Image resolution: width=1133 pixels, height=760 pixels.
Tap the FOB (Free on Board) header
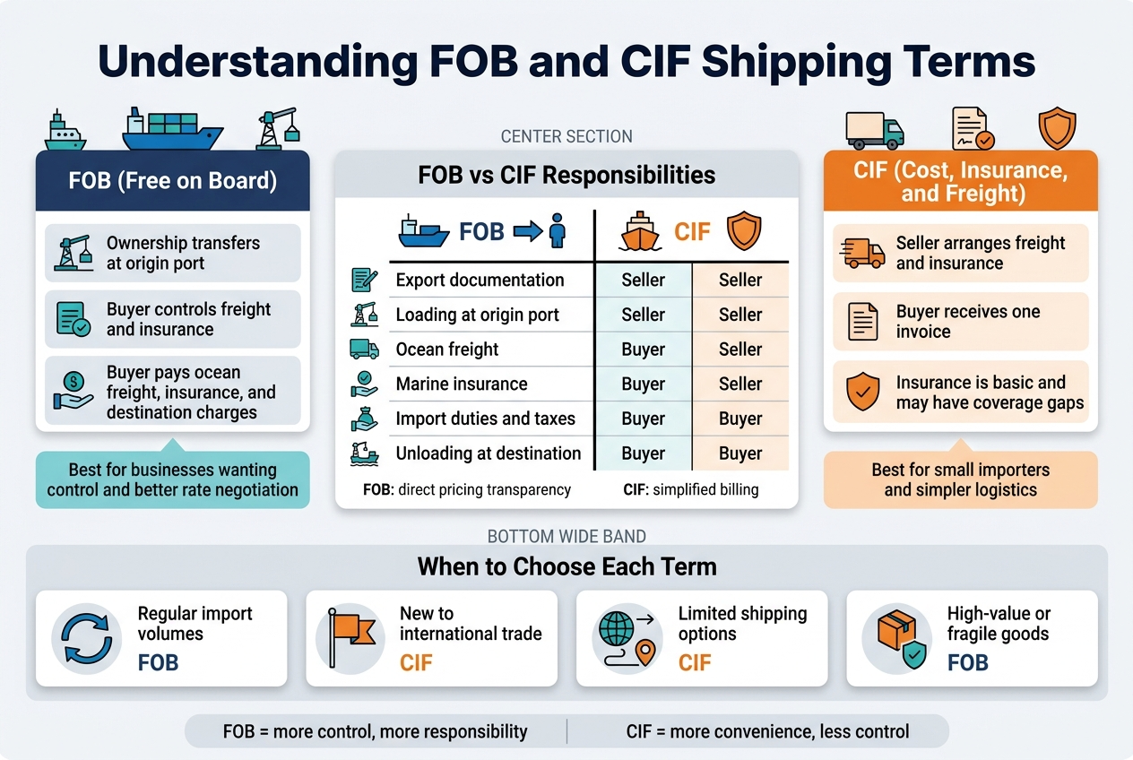pos(173,180)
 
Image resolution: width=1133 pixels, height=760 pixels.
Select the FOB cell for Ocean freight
pos(643,350)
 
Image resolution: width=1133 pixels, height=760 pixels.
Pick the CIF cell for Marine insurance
pos(739,384)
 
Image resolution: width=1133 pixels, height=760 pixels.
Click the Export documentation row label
pos(480,281)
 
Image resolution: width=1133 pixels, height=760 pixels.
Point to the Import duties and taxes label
pos(485,419)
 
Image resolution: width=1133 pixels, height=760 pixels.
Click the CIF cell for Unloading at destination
pos(739,453)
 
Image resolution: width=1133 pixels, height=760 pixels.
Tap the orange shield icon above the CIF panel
pos(1056,128)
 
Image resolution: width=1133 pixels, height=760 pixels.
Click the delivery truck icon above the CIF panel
pos(875,130)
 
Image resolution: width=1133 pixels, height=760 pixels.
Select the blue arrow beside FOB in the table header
pos(527,232)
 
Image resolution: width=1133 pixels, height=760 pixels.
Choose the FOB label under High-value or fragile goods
pos(967,663)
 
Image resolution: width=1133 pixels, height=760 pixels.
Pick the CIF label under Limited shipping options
pos(694,663)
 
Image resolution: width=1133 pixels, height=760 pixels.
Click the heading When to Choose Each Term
pos(566,566)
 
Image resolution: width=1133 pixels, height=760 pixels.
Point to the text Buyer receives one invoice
pos(968,322)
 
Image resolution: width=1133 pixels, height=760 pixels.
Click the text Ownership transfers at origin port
pos(183,254)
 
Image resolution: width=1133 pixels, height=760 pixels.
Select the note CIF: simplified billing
pos(690,489)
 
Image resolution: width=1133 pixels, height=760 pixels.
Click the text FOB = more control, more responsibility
pos(375,731)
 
